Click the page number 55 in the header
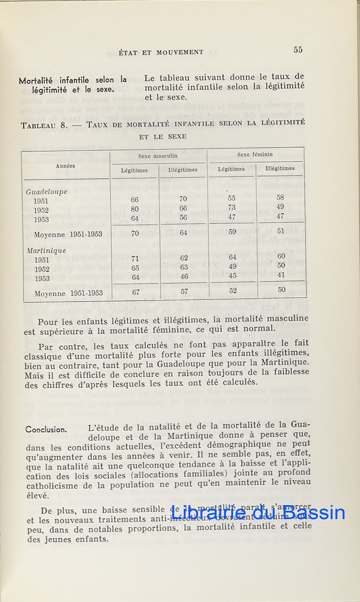click(298, 50)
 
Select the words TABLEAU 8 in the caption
click(44, 125)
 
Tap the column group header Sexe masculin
click(158, 156)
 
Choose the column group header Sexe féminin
click(255, 155)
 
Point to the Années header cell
click(66, 166)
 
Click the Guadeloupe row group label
click(46, 192)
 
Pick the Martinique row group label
click(46, 250)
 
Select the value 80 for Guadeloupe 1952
click(134, 209)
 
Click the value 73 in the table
click(232, 207)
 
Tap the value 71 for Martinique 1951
click(135, 259)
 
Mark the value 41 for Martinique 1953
click(281, 275)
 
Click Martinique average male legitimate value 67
click(135, 292)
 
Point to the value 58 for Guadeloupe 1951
click(280, 198)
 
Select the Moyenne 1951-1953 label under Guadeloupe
click(68, 234)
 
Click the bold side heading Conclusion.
click(46, 429)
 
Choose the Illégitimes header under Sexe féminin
click(280, 169)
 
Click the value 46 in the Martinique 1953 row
click(184, 276)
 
